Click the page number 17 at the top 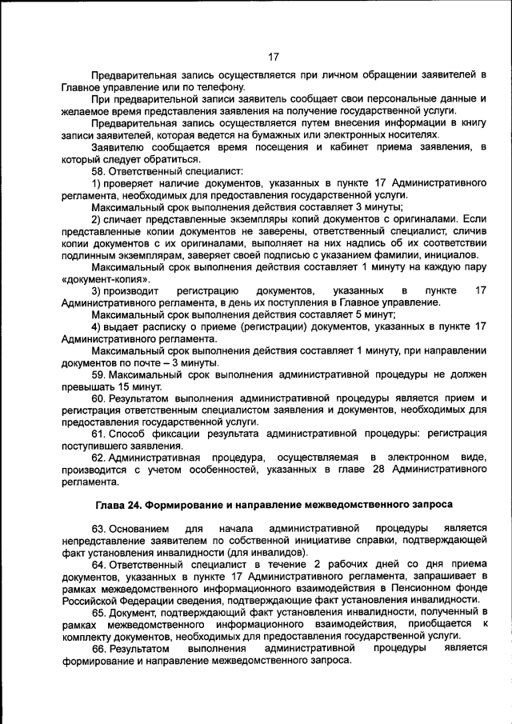click(x=272, y=58)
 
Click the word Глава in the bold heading click(x=112, y=505)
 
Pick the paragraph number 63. click(x=100, y=529)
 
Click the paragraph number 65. click(x=100, y=612)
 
